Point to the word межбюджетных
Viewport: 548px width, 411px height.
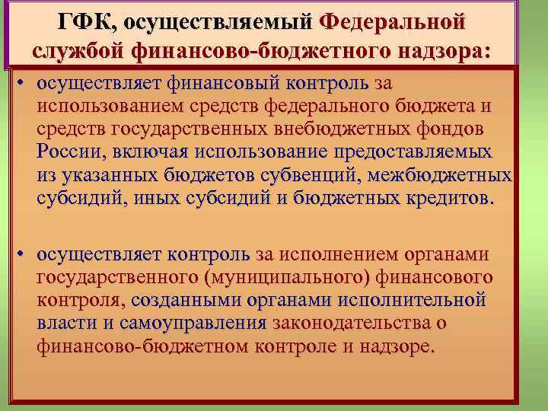coord(450,176)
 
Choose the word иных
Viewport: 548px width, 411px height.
coord(155,199)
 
